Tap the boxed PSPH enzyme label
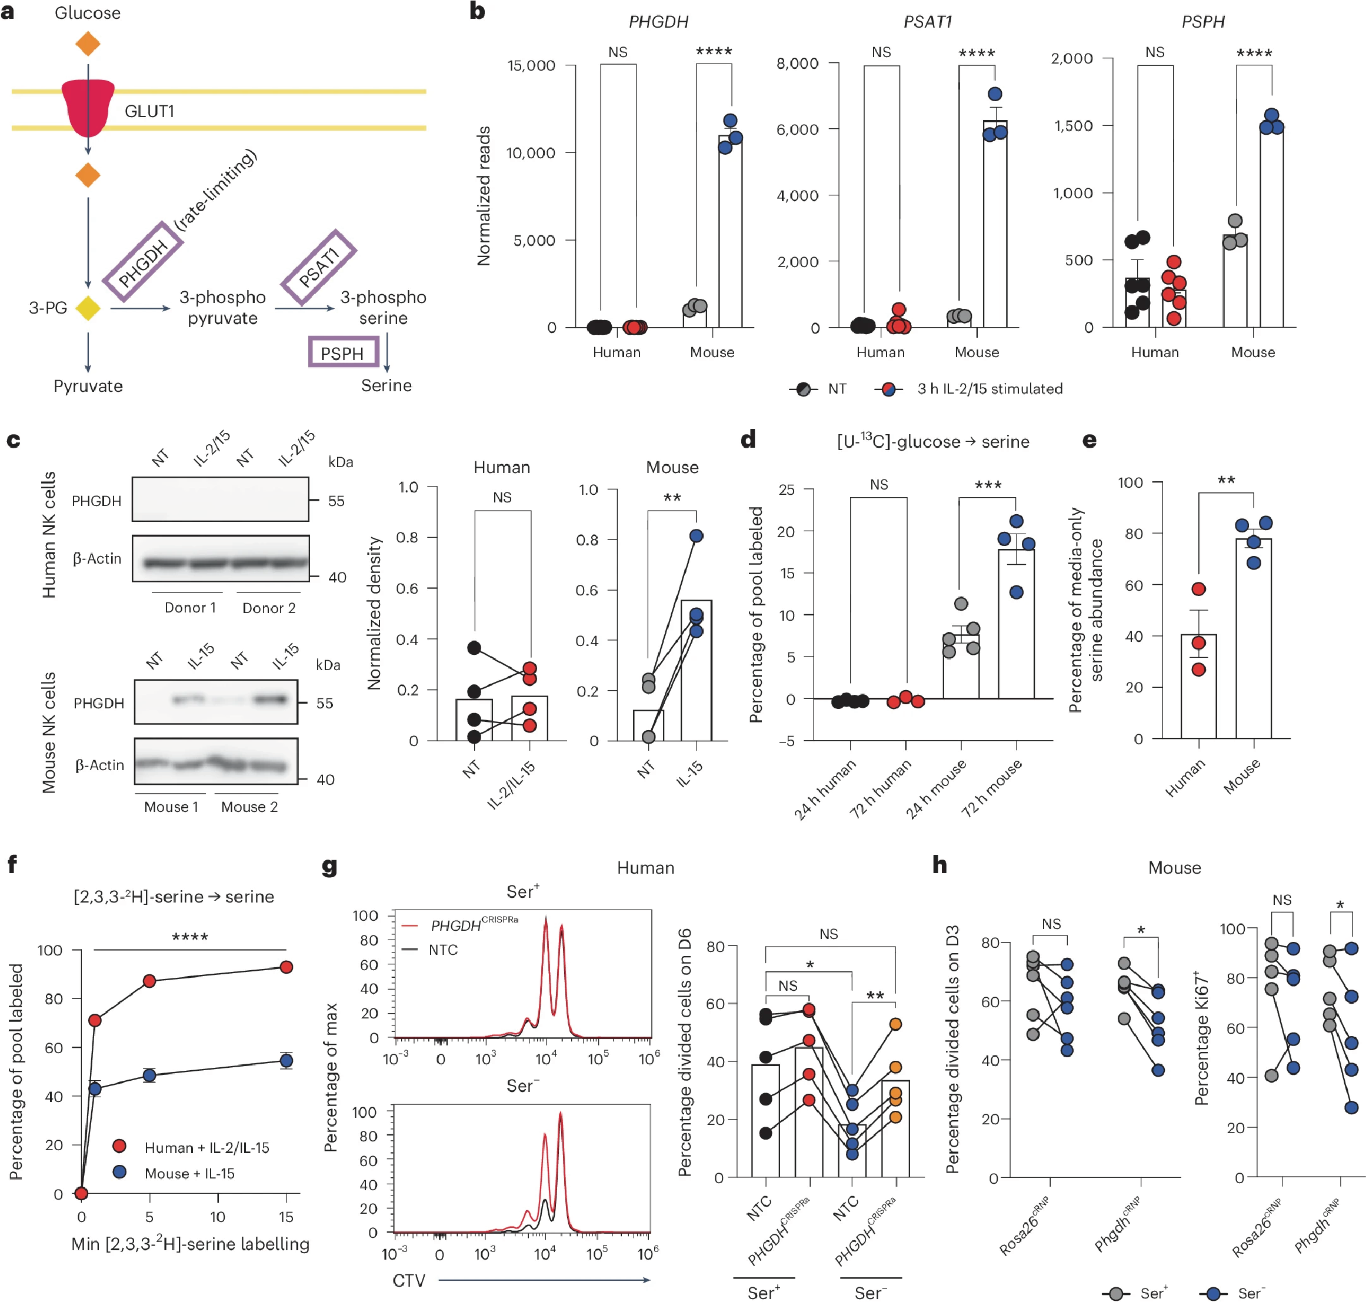(x=343, y=352)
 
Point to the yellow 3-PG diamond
(x=88, y=308)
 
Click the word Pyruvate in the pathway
(x=88, y=386)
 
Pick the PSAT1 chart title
(x=927, y=22)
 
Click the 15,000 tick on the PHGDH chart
(x=532, y=66)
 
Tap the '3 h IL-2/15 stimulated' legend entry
(x=989, y=389)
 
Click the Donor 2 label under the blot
(x=269, y=608)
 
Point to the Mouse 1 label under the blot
(x=171, y=807)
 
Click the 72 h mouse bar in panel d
(x=1016, y=623)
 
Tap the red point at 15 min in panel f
(x=286, y=967)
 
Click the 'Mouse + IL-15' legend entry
(x=189, y=1174)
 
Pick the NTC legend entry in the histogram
(x=443, y=950)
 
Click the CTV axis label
(x=409, y=1280)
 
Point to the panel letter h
(x=940, y=865)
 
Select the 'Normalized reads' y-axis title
(x=484, y=196)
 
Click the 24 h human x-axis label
(x=825, y=788)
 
